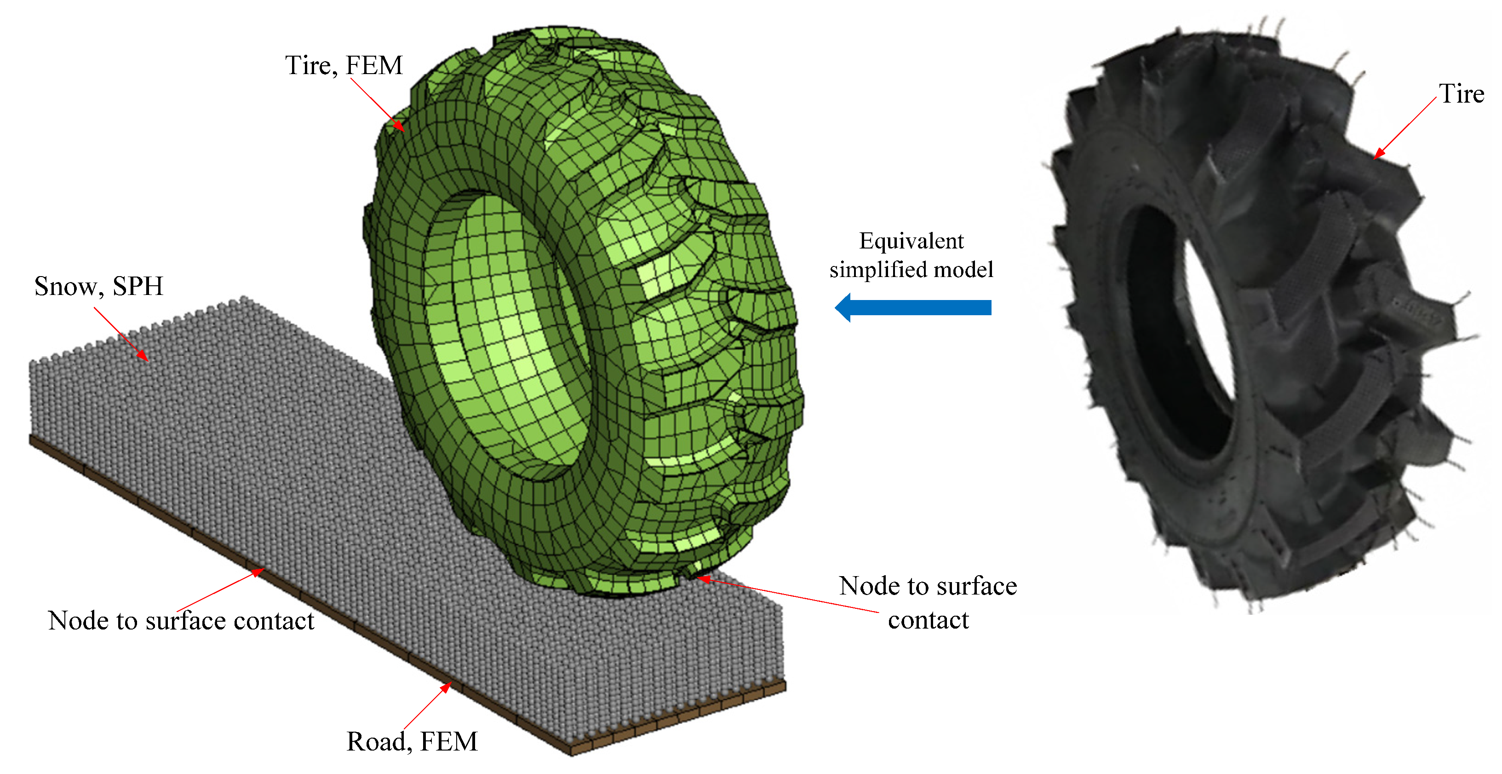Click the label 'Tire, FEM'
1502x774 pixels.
click(x=344, y=65)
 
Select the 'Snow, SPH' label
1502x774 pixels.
click(x=98, y=286)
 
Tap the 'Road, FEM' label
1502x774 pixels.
click(x=412, y=741)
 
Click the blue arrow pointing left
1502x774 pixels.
click(x=913, y=307)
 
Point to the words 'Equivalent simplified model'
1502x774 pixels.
click(x=912, y=255)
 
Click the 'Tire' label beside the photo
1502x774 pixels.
click(x=1461, y=93)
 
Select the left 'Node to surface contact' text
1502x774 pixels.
click(x=181, y=620)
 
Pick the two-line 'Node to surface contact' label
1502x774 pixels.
click(x=928, y=602)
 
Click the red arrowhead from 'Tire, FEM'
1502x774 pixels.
click(x=398, y=126)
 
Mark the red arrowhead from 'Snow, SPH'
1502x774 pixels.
click(x=142, y=355)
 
